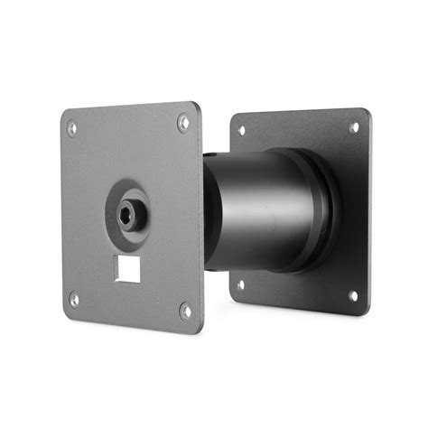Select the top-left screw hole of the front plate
click(x=71, y=128)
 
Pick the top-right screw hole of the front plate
click(x=183, y=121)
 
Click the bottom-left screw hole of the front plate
click(x=74, y=299)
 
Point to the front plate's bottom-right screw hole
click(x=185, y=311)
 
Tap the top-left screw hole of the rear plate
click(x=241, y=131)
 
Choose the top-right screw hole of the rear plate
click(x=353, y=127)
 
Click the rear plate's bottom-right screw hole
click(x=352, y=295)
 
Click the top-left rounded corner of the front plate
click(x=64, y=114)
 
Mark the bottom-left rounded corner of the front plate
click(x=67, y=312)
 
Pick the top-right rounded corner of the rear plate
click(x=367, y=112)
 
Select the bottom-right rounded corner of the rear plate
click(x=365, y=312)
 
